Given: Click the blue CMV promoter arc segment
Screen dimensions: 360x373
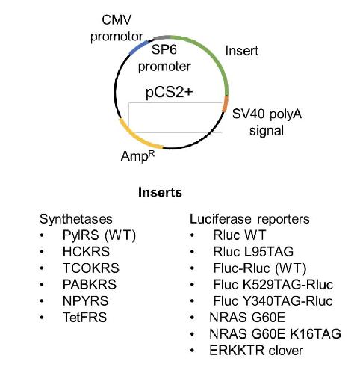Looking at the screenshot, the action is [x=138, y=46].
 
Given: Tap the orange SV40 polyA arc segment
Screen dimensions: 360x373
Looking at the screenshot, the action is [x=226, y=104].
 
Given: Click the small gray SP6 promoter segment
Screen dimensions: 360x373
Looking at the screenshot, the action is [x=162, y=37].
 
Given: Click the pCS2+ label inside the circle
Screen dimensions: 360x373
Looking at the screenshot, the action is [x=170, y=93].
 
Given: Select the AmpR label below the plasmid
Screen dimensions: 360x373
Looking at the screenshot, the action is [x=137, y=156].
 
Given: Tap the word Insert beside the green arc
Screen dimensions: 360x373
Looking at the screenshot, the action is [x=241, y=51].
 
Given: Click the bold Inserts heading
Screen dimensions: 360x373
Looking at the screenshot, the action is [x=160, y=192].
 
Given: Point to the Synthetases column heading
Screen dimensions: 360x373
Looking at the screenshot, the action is [x=76, y=219].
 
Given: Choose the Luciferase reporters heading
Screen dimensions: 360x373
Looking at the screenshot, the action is [x=249, y=219].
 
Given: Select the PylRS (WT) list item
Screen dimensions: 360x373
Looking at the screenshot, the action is [x=99, y=235].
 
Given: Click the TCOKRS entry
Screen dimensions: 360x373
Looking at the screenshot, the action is [x=91, y=268].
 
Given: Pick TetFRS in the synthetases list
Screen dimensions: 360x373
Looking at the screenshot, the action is [x=84, y=318].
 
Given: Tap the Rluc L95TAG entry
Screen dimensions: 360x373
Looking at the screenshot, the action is [x=253, y=252].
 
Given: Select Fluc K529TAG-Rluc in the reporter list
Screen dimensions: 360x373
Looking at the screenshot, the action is [x=273, y=285].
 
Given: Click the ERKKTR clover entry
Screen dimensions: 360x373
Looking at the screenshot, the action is [x=256, y=351].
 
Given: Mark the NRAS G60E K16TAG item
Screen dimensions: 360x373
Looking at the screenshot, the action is [x=275, y=334].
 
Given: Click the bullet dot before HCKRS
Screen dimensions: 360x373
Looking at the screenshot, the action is [x=42, y=252].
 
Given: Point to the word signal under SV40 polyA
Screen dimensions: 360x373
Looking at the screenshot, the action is [x=267, y=131].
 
